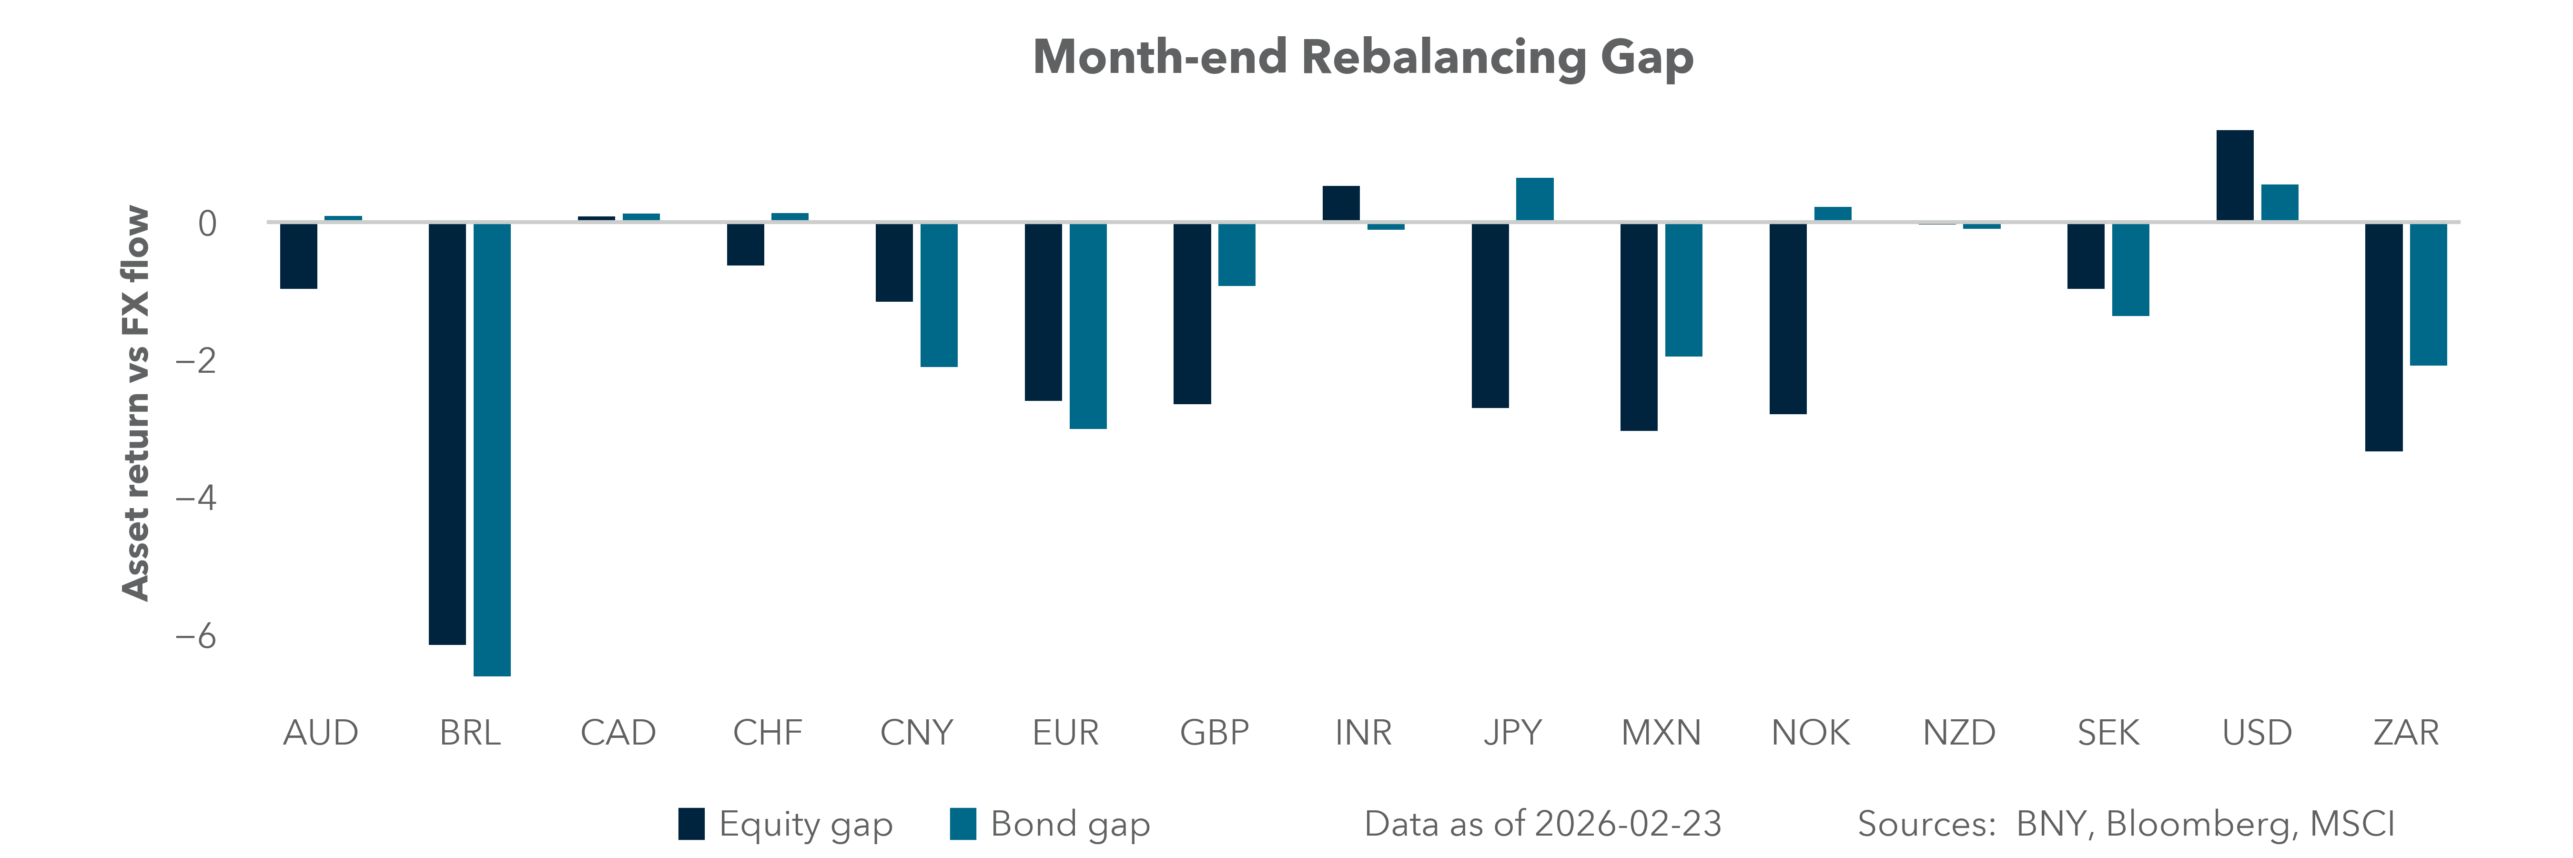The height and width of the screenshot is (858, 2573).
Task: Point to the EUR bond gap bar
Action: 1088,326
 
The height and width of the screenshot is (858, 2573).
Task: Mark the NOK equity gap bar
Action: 1788,317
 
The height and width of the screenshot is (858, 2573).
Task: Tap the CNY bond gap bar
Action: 939,295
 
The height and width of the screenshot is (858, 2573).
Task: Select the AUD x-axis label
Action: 321,733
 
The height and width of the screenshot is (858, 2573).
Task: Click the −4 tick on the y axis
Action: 197,498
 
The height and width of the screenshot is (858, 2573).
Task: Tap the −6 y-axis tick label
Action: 197,635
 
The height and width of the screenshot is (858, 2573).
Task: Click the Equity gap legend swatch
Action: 691,824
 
